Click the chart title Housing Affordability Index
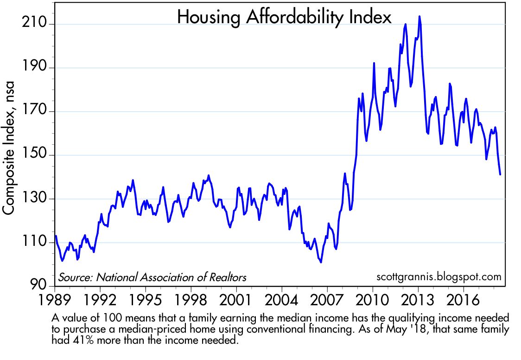pos(284,18)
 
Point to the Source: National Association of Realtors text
pos(152,277)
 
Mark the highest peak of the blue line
pos(419,16)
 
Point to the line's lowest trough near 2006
pos(321,262)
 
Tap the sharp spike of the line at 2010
pos(374,63)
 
